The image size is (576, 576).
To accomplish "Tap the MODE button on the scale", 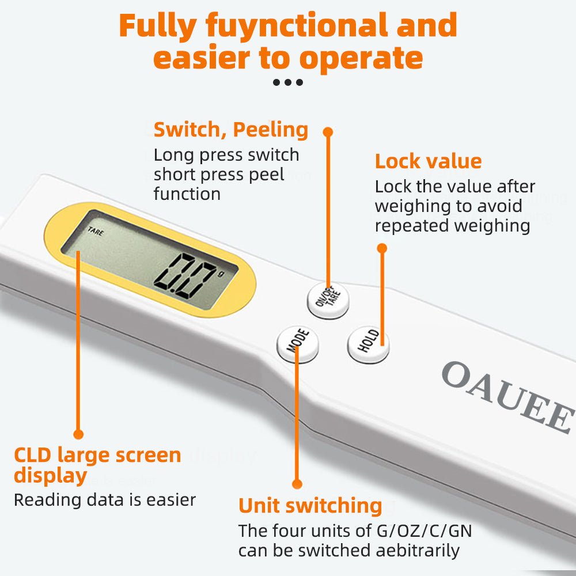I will pyautogui.click(x=298, y=344).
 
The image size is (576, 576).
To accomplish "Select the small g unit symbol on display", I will pyautogui.click(x=220, y=274).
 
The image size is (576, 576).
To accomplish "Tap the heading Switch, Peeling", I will pyautogui.click(x=230, y=130).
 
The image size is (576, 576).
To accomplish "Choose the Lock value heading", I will pyautogui.click(x=428, y=161).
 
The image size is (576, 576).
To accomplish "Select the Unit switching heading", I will pyautogui.click(x=310, y=506).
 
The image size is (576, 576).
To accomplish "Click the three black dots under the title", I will pyautogui.click(x=288, y=82).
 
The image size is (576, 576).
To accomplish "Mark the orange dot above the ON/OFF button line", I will pyautogui.click(x=328, y=132).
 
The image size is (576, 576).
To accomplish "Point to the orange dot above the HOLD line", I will pyautogui.click(x=381, y=248).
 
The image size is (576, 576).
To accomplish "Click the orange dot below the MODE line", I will pyautogui.click(x=297, y=484).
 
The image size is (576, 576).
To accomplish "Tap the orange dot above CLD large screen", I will pyautogui.click(x=78, y=434).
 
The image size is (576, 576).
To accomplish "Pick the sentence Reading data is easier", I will pyautogui.click(x=105, y=499).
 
